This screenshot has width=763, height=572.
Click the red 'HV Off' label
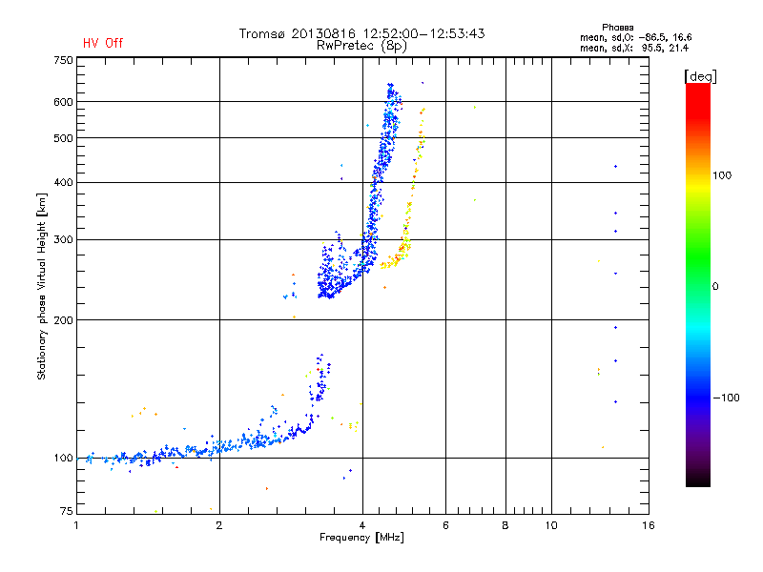click(x=102, y=43)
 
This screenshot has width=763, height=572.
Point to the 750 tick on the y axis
click(x=63, y=60)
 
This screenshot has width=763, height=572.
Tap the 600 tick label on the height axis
click(x=63, y=102)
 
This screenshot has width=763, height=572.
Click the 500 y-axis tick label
click(x=63, y=138)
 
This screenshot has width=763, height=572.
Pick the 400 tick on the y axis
click(x=63, y=182)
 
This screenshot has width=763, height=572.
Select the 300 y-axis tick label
click(x=63, y=239)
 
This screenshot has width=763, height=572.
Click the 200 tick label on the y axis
click(x=63, y=319)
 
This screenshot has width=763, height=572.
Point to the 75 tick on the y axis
click(x=66, y=512)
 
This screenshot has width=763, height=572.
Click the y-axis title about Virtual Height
click(x=42, y=286)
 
